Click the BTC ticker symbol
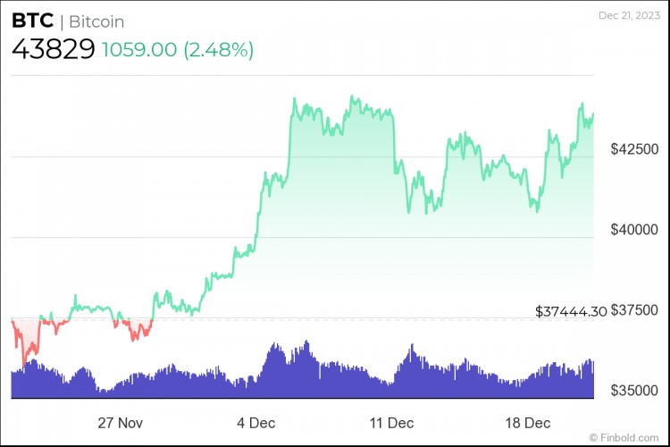pos(31,21)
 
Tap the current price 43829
pos(53,50)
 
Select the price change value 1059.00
pos(140,50)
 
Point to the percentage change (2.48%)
pos(219,50)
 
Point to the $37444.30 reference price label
pos(571,311)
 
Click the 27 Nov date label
pos(119,421)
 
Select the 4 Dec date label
pos(255,421)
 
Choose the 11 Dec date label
pos(390,421)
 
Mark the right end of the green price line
pos(593,114)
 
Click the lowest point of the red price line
pos(24,364)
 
